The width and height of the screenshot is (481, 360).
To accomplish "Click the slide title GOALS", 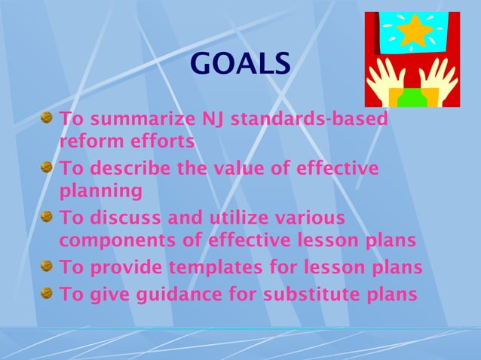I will (240, 64).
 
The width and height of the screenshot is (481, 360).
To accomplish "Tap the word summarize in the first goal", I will (139, 120).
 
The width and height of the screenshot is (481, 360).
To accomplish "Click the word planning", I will (100, 191).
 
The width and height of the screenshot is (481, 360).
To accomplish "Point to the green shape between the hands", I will (415, 97).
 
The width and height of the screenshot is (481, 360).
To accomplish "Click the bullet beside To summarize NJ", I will (47, 119).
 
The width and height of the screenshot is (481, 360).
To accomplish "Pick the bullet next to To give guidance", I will (47, 294).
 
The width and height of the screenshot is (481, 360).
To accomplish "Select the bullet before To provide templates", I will (47, 267).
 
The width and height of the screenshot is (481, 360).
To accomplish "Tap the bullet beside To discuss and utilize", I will (47, 218).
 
